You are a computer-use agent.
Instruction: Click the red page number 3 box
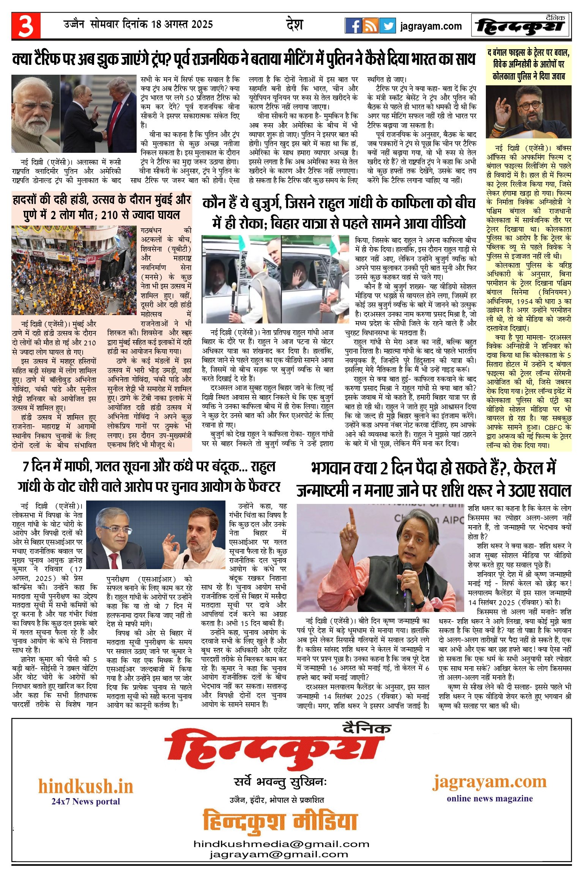coord(26,26)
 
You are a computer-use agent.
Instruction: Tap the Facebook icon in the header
coord(353,26)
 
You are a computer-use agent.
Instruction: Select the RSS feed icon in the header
coord(370,26)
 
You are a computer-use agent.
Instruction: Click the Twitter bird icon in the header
coord(388,26)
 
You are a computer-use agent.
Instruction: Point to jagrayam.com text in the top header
coord(431,26)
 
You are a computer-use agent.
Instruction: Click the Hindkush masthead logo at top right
coord(521,26)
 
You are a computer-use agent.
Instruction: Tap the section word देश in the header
coord(295,25)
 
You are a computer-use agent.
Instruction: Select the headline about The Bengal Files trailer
coord(528,64)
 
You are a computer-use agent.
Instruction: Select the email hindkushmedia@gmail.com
coord(281,844)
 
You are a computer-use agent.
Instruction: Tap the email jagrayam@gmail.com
coord(279,854)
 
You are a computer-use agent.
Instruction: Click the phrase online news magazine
coord(490,799)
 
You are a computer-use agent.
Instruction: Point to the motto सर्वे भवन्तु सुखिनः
coord(280,782)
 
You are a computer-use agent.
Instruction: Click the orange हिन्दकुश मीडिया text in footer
coord(280,821)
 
